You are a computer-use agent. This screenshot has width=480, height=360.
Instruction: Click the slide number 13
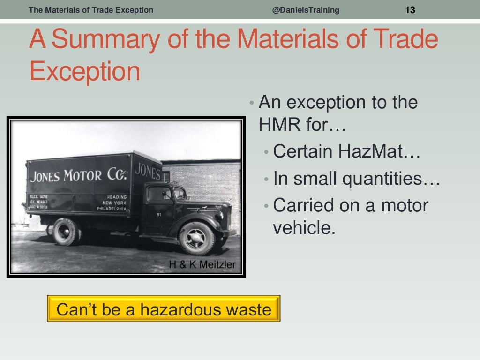(410, 10)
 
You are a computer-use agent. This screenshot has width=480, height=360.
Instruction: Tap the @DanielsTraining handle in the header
(306, 10)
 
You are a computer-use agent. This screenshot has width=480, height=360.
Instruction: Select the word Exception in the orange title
(84, 72)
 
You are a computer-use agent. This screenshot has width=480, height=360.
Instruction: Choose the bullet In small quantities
(356, 179)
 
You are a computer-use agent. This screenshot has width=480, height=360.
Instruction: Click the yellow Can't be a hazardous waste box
(164, 309)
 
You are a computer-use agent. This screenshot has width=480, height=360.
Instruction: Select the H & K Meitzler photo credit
(202, 265)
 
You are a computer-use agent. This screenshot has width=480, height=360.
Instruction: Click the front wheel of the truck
(196, 238)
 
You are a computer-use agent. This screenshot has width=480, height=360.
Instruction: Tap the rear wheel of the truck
(65, 232)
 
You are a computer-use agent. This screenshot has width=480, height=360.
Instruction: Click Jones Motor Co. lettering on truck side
(79, 176)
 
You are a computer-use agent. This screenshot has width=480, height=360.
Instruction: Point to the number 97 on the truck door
(159, 214)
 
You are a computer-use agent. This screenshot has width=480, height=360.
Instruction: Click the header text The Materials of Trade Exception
(91, 10)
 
